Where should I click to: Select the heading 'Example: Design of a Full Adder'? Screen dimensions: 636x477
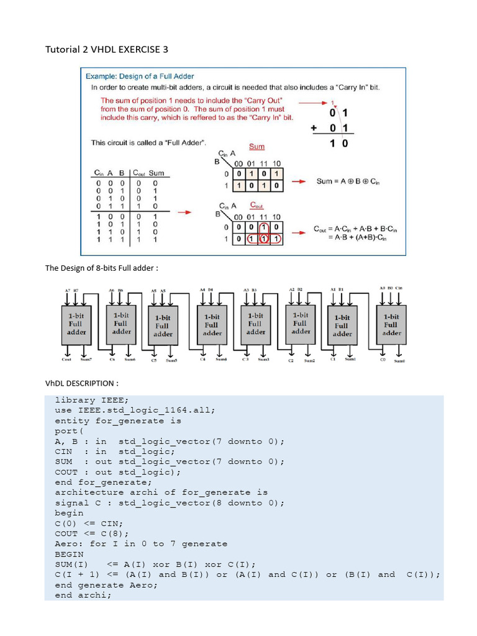(140, 76)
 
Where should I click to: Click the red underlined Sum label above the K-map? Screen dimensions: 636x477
(257, 147)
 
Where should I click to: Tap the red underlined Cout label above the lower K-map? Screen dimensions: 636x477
(257, 205)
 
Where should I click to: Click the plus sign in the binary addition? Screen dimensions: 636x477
(314, 128)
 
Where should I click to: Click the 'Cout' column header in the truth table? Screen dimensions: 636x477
(139, 173)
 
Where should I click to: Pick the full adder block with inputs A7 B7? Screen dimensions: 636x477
(77, 324)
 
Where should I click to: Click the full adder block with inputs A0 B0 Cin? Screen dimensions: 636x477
(391, 324)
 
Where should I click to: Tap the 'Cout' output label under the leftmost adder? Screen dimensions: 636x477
(66, 359)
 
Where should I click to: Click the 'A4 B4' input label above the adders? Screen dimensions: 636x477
(207, 289)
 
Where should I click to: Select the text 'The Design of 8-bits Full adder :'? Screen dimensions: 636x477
(102, 268)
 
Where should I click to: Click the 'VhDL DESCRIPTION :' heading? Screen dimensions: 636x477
(80, 383)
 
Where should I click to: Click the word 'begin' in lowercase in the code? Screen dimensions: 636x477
(69, 513)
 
